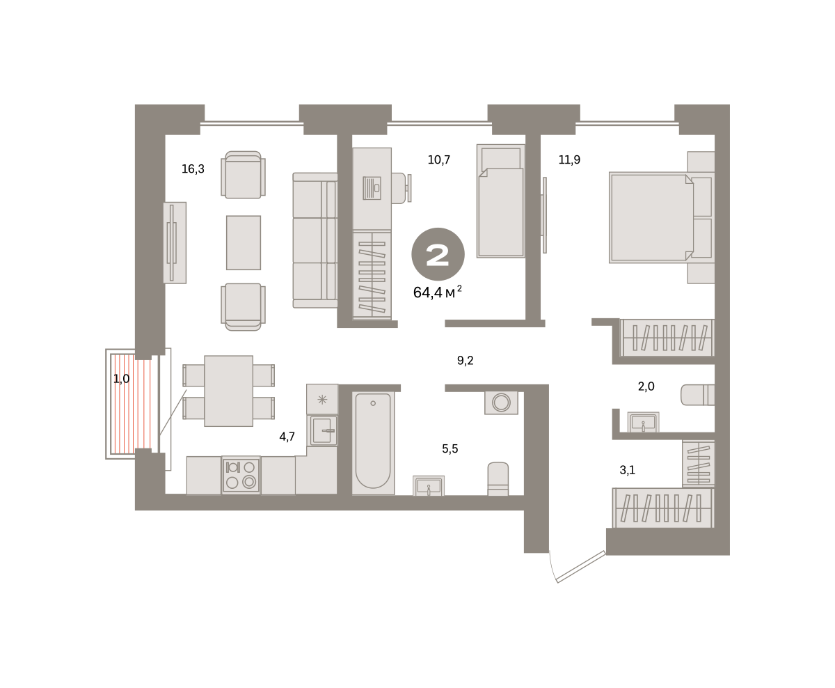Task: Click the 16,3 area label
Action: coord(193,169)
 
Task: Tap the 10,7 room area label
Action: coord(438,159)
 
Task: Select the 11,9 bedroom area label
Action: coord(569,159)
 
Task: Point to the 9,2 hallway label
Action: coord(466,361)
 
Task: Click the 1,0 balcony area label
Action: coord(121,379)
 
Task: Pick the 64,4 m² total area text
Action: coord(438,292)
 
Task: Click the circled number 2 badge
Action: coord(438,254)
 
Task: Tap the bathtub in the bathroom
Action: coord(373,443)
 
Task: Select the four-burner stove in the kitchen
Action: coord(241,475)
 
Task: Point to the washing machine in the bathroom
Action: coord(501,402)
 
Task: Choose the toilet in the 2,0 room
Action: coord(698,395)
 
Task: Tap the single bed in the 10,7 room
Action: coord(501,201)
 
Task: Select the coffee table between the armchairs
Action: coord(244,242)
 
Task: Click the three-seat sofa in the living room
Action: coord(315,240)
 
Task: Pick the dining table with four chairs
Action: coord(228,391)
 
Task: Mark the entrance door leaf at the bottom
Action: coord(581,566)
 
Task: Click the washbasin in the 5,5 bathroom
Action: coord(429,485)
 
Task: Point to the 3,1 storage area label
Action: coord(627,471)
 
